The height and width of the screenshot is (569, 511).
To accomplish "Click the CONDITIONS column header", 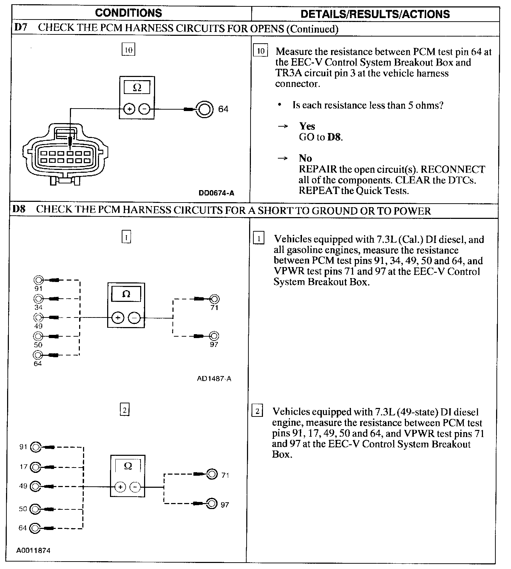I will pyautogui.click(x=128, y=13).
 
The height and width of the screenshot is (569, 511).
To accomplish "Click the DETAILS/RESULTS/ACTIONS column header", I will pyautogui.click(x=375, y=14).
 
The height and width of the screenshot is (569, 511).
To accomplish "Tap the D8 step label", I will pyautogui.click(x=19, y=209).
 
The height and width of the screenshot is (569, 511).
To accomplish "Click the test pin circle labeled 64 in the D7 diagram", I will pyautogui.click(x=205, y=109).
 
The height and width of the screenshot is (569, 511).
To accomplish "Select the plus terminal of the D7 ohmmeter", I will pyautogui.click(x=129, y=109).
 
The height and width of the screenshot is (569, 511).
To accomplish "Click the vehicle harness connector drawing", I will pyautogui.click(x=65, y=154).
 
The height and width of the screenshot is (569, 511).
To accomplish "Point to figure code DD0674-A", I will pyautogui.click(x=216, y=193).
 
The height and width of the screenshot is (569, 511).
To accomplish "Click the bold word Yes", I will pyautogui.click(x=307, y=126).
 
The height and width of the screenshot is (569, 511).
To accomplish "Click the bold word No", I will pyautogui.click(x=305, y=158).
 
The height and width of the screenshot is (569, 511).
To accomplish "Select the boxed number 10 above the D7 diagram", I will pyautogui.click(x=128, y=50).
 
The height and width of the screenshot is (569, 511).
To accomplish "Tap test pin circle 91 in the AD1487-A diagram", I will pyautogui.click(x=38, y=280).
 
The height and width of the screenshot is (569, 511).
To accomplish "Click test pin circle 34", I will pyautogui.click(x=38, y=298).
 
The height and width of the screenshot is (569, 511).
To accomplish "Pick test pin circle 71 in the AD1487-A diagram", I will pyautogui.click(x=214, y=299).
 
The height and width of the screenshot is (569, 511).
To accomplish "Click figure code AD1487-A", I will pyautogui.click(x=214, y=379).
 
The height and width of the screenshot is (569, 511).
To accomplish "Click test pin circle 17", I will pyautogui.click(x=36, y=467).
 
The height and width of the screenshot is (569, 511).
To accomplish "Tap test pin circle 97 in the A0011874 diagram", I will pyautogui.click(x=211, y=503).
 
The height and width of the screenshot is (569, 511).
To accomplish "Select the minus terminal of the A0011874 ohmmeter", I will pyautogui.click(x=135, y=487).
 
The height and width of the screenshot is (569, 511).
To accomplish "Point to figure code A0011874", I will pyautogui.click(x=33, y=551).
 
